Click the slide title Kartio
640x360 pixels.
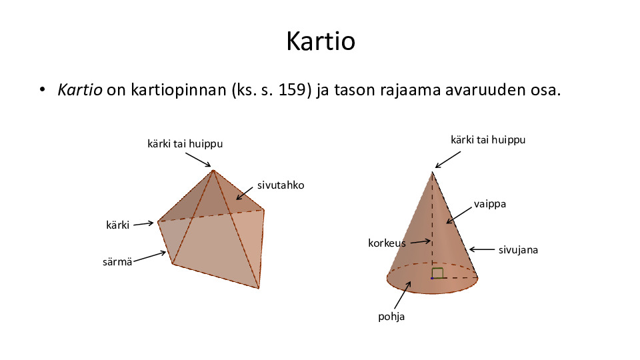321,41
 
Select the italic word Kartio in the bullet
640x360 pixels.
80,89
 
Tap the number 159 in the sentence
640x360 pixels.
292,89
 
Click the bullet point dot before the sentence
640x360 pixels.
43,89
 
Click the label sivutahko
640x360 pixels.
281,185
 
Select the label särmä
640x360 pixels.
117,261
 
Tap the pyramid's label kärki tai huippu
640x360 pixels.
185,144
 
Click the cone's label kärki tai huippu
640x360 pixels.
488,140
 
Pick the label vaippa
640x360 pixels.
490,204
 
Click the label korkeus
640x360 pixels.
387,243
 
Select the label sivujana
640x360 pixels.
519,250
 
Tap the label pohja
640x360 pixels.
391,316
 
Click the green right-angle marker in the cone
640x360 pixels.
437,273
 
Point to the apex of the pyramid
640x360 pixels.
213,170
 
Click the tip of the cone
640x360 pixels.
432,172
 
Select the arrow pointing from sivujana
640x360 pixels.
482,249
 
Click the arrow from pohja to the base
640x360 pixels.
403,295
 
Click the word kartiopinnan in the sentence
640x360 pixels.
179,90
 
